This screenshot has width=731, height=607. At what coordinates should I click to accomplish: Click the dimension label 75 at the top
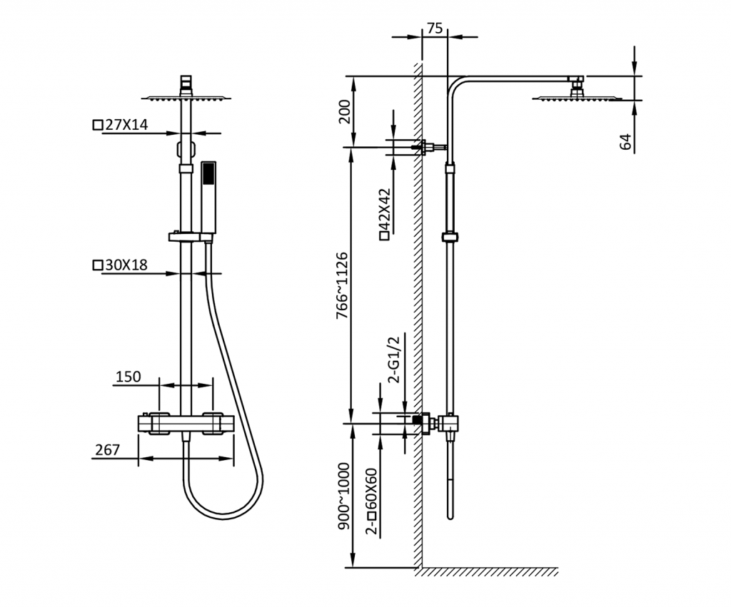point(435,29)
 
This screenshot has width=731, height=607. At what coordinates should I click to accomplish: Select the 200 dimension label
point(345,111)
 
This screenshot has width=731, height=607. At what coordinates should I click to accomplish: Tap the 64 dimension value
point(626,142)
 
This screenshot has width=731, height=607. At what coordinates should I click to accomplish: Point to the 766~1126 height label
point(343,285)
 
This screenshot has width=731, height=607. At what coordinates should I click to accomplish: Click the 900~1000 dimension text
point(343,496)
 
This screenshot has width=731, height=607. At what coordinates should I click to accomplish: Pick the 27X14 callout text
point(121,125)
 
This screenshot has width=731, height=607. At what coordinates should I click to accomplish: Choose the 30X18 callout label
point(121,265)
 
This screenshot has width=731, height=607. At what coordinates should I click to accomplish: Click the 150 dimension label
point(128,377)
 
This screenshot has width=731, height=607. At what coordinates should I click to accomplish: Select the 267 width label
point(108,450)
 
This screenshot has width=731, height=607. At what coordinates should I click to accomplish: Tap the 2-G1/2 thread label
point(394,359)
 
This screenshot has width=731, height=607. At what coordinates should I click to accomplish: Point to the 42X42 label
point(385,214)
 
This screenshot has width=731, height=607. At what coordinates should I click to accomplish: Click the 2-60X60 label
point(371,501)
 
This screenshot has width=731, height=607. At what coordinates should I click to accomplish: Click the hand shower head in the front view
point(208,197)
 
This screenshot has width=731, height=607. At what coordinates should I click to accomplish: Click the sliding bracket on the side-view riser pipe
point(450,237)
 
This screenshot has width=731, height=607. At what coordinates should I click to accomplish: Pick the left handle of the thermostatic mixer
point(158,424)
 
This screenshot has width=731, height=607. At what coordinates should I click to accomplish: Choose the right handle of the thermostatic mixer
point(213,424)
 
